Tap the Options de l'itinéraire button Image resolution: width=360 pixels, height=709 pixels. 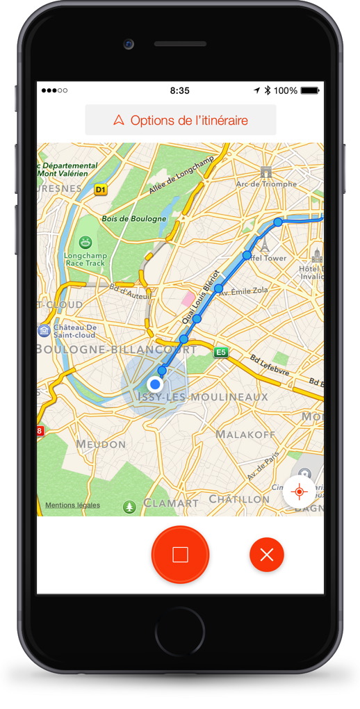tap(181, 120)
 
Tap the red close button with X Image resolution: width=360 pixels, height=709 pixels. tap(267, 555)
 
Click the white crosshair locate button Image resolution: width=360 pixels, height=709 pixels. tap(300, 492)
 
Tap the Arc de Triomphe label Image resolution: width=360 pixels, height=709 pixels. tap(266, 184)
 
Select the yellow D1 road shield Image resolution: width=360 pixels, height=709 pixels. tap(101, 189)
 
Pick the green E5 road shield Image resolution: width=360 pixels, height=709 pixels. tap(221, 352)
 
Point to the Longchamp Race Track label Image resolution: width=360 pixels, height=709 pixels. tap(85, 259)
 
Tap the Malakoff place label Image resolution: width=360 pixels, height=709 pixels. tap(241, 434)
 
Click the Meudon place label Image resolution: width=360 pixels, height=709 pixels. tap(101, 443)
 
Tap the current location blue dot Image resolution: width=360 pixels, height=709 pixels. tap(155, 384)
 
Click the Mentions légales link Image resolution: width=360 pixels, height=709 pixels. tap(72, 505)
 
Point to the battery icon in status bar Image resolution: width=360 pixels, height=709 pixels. tap(310, 90)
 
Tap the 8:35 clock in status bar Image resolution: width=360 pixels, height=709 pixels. tap(179, 90)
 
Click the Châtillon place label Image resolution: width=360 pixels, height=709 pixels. tap(239, 499)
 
